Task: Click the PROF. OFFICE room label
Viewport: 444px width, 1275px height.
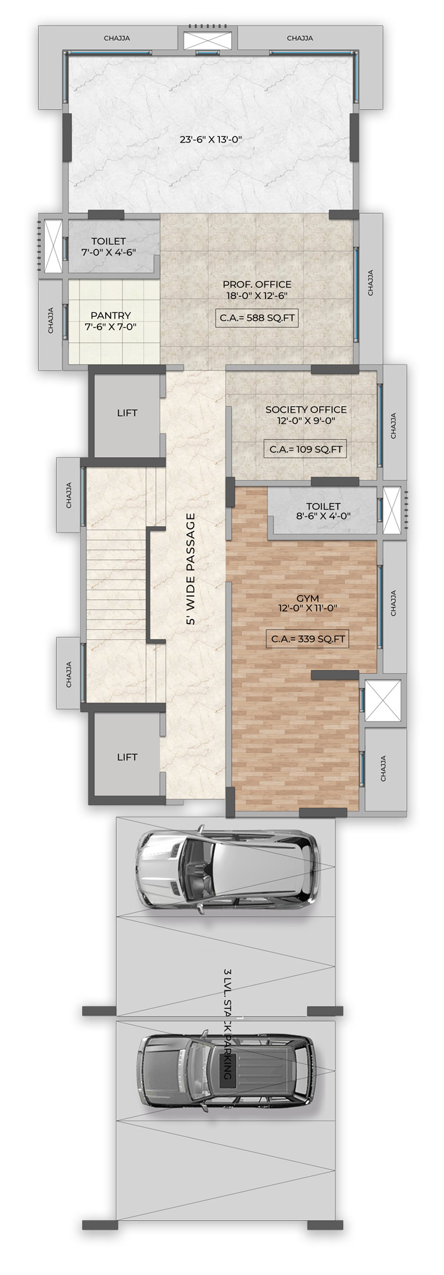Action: pos(257,284)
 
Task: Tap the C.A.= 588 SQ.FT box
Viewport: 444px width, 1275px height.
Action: pos(257,317)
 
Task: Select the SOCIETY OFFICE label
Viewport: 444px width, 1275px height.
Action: pos(306,409)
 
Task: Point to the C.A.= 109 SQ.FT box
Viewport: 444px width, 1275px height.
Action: pos(306,449)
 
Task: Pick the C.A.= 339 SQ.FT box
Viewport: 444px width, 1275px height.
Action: pos(306,639)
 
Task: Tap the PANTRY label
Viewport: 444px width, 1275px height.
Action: pos(111,315)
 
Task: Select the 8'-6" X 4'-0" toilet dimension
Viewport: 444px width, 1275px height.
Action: pos(324,517)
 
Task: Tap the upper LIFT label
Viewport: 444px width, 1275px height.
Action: pos(127,413)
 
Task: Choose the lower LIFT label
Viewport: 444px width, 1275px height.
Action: pos(127,757)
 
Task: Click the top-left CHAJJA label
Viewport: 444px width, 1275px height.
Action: pos(117,38)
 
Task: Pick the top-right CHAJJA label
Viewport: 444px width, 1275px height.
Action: pos(299,38)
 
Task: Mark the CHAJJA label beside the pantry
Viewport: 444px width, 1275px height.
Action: pos(51,321)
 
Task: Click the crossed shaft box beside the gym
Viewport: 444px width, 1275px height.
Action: pos(383,701)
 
